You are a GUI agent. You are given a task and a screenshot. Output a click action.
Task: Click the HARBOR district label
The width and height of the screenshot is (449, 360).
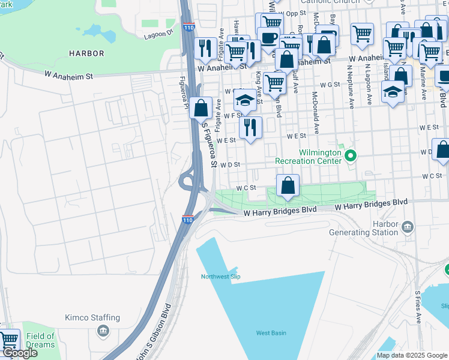86,53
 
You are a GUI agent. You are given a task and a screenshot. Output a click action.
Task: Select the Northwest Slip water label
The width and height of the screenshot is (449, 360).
220,277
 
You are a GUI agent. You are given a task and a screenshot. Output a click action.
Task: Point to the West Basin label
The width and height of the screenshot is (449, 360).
271,333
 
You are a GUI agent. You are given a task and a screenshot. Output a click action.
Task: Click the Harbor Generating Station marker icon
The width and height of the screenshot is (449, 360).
408,226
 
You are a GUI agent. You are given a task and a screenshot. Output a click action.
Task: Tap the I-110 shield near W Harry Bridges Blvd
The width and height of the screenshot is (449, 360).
187,220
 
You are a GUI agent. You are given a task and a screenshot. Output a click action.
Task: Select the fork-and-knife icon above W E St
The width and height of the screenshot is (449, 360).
250,127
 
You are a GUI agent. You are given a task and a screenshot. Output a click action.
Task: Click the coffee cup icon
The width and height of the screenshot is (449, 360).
268,38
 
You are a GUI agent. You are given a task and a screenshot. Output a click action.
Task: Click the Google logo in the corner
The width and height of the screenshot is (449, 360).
19,353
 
